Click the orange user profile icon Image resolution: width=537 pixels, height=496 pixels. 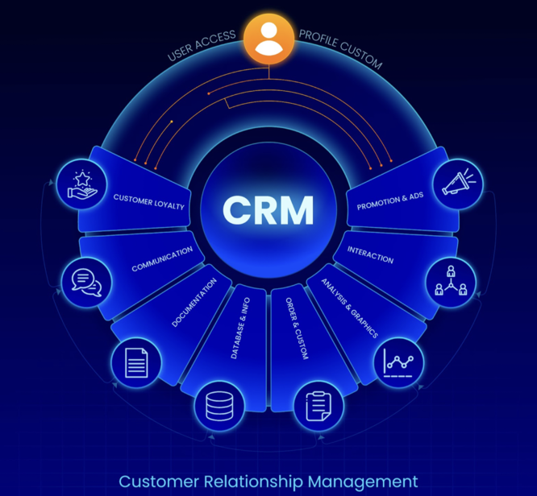[x=268, y=39]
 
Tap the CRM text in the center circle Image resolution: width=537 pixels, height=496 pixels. [x=268, y=209]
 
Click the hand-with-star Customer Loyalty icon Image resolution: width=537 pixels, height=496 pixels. [x=83, y=184]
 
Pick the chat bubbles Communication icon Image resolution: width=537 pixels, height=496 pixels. [x=88, y=282]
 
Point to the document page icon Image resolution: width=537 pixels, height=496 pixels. [x=136, y=363]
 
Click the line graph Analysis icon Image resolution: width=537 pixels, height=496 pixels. [x=399, y=364]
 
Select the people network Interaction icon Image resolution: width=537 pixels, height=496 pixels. [x=451, y=282]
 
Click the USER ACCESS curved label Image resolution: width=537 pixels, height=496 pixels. [x=202, y=46]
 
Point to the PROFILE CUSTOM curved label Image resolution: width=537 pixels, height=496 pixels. [x=339, y=49]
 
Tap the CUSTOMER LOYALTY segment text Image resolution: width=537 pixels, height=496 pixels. [x=149, y=201]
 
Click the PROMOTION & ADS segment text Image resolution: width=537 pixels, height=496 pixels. [x=389, y=201]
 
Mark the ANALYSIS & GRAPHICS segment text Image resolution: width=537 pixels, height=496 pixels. [x=349, y=308]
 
